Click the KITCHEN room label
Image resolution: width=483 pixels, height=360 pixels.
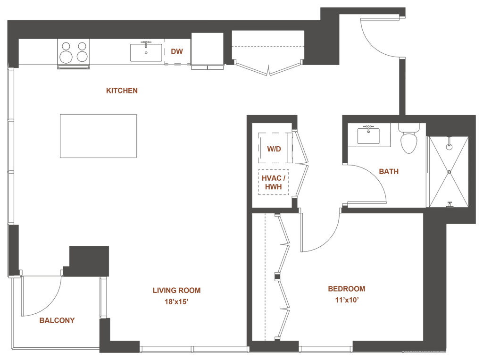pos(122,90)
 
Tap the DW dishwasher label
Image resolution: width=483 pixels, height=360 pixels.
pos(177,51)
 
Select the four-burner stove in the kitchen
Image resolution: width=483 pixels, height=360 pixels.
pos(74,52)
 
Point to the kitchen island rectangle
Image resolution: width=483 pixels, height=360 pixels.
pos(99,136)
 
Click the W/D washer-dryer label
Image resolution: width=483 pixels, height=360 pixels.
pos(274,149)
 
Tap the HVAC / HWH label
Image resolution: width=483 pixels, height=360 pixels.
pos(274,182)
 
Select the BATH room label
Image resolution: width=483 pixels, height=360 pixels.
pos(389,172)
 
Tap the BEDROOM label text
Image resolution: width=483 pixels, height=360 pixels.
pos(346,289)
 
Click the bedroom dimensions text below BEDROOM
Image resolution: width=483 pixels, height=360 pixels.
pos(346,299)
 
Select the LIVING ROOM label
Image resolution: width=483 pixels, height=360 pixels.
pos(177,291)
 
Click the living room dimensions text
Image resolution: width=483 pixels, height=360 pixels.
pos(177,301)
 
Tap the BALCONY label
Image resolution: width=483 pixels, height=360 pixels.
pos(57,321)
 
